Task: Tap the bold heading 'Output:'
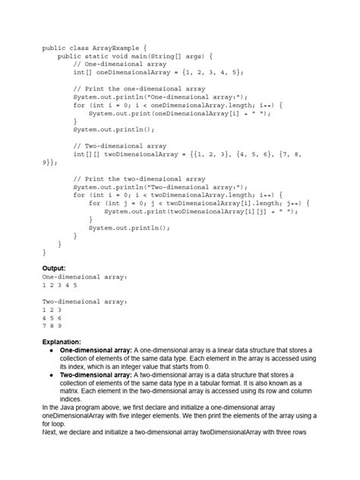point(55,268)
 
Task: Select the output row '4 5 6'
point(52,318)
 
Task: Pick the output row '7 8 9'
point(52,327)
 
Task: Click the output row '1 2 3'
point(52,310)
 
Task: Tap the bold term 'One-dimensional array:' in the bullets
point(96,350)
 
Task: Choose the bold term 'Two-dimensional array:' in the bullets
point(96,375)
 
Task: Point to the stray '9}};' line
point(49,162)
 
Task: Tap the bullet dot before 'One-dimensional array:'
point(49,350)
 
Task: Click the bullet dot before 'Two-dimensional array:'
point(49,375)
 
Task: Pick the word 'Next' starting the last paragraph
point(50,434)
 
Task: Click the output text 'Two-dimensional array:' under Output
point(84,302)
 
